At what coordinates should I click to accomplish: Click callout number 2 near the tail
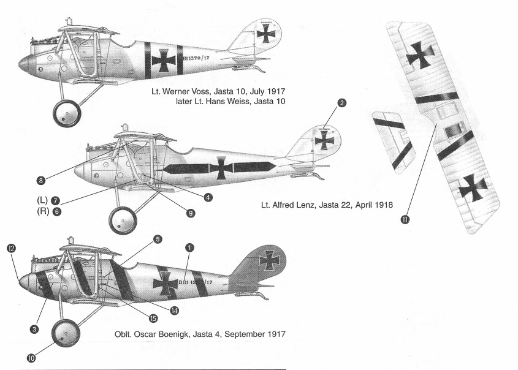(342, 103)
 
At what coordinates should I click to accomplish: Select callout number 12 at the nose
(10, 248)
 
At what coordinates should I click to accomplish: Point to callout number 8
(40, 181)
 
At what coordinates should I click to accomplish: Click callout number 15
(153, 317)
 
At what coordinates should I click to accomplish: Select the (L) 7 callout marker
(56, 200)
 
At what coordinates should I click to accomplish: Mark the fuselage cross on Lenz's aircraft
(221, 167)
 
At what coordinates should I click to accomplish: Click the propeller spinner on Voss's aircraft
(26, 62)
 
